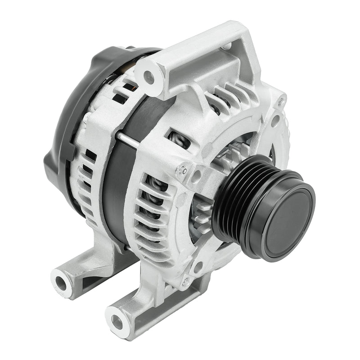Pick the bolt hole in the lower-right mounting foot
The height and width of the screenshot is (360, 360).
coord(117,321)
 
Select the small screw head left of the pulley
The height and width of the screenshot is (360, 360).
coord(183,170)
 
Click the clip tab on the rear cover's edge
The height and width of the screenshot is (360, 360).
coord(49,158)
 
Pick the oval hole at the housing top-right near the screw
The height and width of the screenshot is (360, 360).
coord(275,121)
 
